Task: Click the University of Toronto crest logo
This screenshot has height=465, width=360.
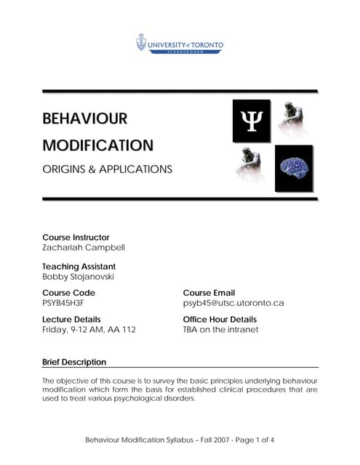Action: (140, 42)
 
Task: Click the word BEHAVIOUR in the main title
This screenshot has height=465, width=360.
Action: (85, 118)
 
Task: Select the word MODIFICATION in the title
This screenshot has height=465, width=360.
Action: (97, 145)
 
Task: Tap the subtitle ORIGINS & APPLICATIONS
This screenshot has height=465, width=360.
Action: (107, 170)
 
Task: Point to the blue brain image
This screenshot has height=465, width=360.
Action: (294, 169)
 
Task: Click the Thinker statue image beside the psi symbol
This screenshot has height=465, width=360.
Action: (292, 119)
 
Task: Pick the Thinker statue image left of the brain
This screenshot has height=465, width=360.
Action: (251, 166)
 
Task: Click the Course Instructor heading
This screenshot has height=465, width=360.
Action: (76, 237)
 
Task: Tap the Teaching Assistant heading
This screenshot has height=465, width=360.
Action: (79, 267)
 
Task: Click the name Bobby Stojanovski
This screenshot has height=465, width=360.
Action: (79, 277)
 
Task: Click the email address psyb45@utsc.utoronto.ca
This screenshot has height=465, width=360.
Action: (233, 303)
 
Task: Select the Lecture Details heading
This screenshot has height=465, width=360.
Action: (71, 319)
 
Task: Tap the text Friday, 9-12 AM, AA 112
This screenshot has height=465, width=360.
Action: (89, 329)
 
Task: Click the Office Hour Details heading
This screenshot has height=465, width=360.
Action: (220, 319)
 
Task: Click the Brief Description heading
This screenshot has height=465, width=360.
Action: (74, 362)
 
